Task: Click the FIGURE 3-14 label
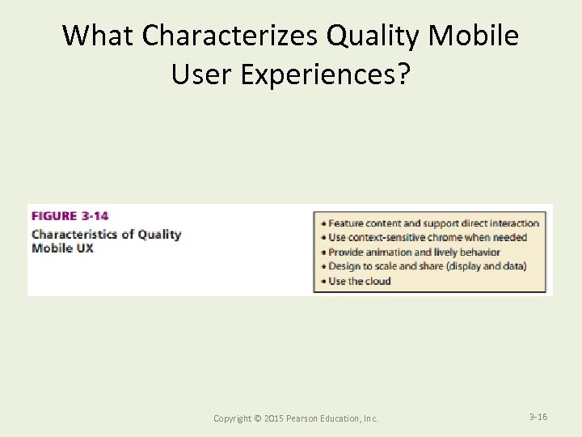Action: [70, 216]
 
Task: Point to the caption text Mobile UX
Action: [62, 248]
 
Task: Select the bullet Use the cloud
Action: [359, 281]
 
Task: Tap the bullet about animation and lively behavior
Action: [414, 252]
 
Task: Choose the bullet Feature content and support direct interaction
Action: [433, 223]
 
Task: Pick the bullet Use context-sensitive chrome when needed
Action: [427, 237]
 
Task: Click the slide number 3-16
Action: [538, 417]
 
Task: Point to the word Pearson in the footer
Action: [302, 418]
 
